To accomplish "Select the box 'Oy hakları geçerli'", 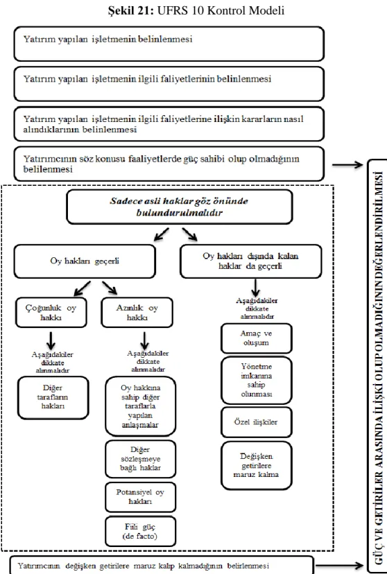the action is click(85, 261).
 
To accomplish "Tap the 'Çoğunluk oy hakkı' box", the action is click(51, 313).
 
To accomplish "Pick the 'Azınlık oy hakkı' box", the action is click(137, 313).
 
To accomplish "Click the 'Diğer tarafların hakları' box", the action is click(53, 398).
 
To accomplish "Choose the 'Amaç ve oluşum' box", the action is click(257, 338).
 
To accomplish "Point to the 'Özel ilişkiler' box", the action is click(257, 422).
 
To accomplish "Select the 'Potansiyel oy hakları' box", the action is click(140, 497).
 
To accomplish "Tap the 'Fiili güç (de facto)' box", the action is click(140, 532).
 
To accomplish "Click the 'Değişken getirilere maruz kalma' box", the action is click(257, 466).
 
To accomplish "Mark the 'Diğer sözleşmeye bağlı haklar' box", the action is click(140, 459).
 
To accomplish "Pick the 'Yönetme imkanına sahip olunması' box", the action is click(257, 381).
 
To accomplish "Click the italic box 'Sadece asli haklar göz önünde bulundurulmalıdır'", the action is click(180, 207).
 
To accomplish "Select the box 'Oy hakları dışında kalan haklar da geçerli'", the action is click(251, 261).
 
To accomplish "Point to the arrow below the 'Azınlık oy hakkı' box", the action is click(145, 341).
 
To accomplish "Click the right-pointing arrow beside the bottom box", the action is click(339, 566).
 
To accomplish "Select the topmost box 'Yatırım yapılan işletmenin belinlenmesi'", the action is click(169, 44).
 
